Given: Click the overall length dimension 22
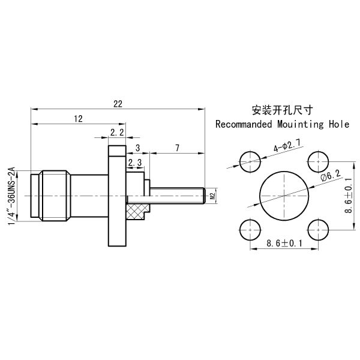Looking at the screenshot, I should click(x=117, y=104).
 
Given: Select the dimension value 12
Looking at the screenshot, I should click(x=78, y=119).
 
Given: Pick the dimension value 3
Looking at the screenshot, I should click(x=137, y=148).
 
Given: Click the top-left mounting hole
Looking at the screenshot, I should click(x=250, y=160).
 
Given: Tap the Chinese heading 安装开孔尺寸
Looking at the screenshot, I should click(x=283, y=110).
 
